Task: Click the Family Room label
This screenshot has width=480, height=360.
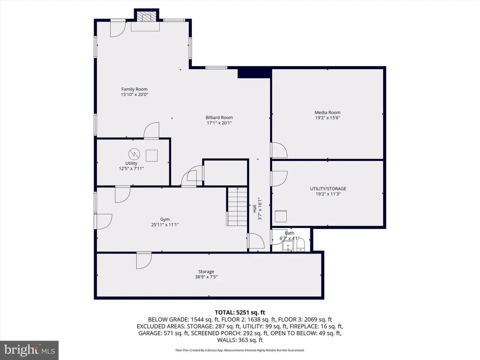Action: coord(134,89)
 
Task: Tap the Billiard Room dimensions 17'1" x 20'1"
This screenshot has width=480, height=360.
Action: coord(219,123)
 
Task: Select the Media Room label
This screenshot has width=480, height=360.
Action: coord(327,112)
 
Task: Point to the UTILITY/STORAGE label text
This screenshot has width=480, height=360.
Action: coord(328,188)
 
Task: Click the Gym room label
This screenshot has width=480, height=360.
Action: coord(165,219)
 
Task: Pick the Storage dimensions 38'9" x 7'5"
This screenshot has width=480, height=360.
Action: coord(206,277)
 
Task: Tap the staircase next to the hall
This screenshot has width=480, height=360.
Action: coord(237,207)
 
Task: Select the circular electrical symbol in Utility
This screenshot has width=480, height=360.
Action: coord(134,154)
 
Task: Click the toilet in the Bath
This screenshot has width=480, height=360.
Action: coord(301,245)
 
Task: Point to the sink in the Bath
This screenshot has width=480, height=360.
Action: coord(288,246)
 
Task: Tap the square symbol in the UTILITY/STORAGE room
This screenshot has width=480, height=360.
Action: coord(281,216)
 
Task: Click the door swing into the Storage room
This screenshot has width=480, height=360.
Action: coord(144,260)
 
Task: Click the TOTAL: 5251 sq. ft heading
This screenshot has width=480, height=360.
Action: coord(240,312)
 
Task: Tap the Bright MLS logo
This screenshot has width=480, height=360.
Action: coord(29,350)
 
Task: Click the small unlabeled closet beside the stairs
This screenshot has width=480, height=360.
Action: coord(226,173)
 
